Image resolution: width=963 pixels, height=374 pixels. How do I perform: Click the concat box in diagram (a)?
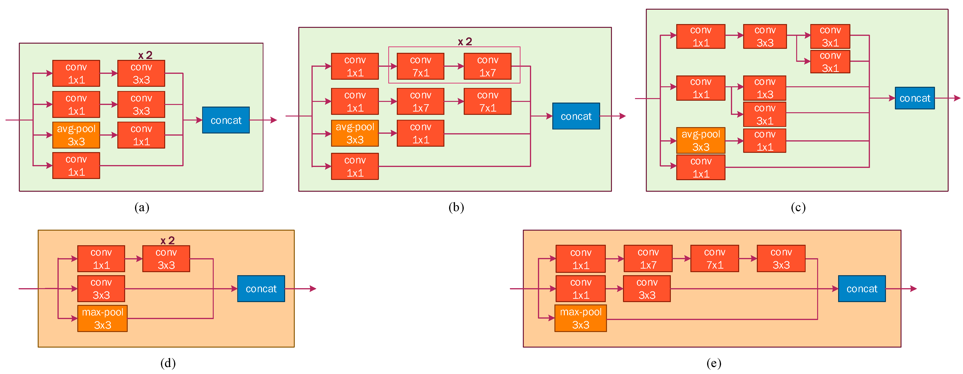tap(226, 120)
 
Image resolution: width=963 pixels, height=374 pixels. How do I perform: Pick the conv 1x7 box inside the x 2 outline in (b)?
tap(488, 66)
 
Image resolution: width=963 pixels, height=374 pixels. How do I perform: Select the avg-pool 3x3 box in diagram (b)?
tap(355, 133)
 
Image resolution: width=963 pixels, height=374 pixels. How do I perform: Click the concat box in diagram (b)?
tap(576, 116)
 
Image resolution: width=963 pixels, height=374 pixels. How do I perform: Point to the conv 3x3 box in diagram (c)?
tap(765, 36)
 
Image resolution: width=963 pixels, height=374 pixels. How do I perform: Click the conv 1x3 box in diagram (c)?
tap(765, 88)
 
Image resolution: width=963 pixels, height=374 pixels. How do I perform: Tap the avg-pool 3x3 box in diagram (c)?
tap(701, 140)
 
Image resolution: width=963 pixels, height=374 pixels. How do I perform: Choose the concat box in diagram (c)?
tap(914, 98)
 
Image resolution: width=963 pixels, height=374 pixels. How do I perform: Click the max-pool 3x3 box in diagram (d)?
tap(102, 318)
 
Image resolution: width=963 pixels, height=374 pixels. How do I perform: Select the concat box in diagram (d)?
tap(261, 289)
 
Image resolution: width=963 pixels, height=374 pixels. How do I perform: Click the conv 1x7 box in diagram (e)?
tap(648, 258)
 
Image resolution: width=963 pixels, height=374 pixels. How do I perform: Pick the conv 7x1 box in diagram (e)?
tap(714, 258)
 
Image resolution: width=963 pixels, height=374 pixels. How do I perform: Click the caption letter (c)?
tap(798, 207)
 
